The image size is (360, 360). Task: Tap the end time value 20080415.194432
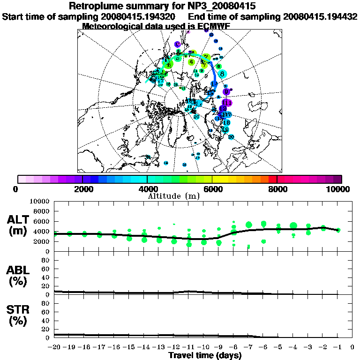320,16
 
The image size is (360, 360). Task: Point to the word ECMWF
213,26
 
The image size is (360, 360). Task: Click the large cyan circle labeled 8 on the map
222,74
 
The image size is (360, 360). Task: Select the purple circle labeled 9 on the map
226,92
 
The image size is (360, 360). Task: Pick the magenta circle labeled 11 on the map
227,103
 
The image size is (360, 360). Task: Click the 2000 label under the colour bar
82,189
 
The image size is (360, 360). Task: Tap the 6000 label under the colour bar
212,189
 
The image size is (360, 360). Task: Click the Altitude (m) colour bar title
174,195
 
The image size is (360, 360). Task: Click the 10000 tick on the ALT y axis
40,201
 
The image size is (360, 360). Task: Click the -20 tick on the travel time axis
54,347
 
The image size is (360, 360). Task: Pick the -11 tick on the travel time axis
188,347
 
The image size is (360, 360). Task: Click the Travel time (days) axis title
205,355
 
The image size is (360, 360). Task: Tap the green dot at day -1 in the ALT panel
338,230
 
